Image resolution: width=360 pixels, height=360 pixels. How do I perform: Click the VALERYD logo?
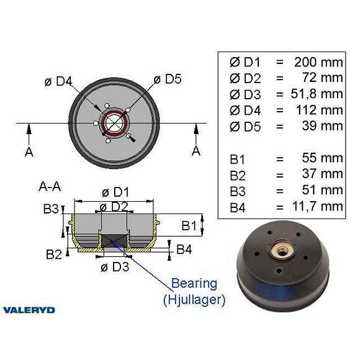click(x=29, y=310)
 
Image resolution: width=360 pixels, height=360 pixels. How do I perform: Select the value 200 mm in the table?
click(x=318, y=62)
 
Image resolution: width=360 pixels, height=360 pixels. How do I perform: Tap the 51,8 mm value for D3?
click(x=317, y=94)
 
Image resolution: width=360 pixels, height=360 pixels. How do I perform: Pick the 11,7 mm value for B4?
click(x=318, y=206)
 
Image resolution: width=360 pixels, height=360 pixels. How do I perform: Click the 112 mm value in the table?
click(x=320, y=110)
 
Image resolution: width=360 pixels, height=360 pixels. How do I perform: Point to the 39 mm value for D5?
click(x=323, y=126)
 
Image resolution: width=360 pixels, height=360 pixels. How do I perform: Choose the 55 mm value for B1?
click(x=323, y=158)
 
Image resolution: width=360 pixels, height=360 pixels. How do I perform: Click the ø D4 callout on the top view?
click(x=58, y=81)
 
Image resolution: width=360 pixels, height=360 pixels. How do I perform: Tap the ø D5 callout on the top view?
click(x=168, y=79)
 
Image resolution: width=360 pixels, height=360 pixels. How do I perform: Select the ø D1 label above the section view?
click(x=115, y=192)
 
